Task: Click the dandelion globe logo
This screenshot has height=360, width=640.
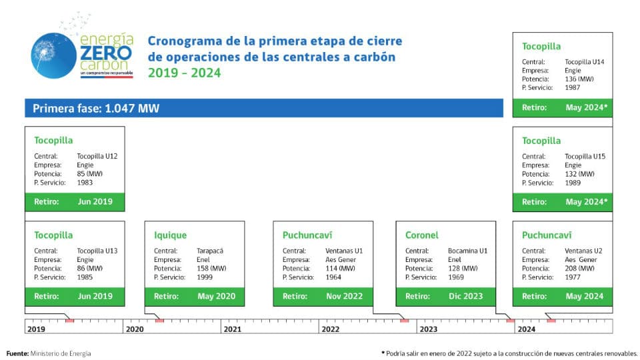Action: coord(53,55)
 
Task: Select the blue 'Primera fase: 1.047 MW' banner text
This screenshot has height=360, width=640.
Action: coord(96,108)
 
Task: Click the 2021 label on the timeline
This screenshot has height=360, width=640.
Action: coord(233,329)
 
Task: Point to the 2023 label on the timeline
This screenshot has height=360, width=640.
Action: coord(429,329)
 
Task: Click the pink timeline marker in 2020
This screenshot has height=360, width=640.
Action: coord(159,321)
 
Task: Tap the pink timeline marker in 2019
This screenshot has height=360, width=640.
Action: coord(70,321)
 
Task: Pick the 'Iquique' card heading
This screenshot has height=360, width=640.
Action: coord(170,235)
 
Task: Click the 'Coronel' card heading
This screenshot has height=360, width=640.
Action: coord(421,235)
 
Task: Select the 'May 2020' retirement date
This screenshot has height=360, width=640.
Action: coord(216,296)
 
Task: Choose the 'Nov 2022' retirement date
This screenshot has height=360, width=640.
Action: coord(344,296)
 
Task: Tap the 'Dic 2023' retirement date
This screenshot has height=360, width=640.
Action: coord(466,296)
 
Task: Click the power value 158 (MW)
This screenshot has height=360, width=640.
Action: coord(211,268)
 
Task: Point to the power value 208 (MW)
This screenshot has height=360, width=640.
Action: coord(579,268)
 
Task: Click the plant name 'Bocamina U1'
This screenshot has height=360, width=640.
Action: coord(468,251)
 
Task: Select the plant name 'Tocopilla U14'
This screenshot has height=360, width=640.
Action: coord(585,61)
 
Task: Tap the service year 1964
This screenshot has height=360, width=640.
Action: coord(333,277)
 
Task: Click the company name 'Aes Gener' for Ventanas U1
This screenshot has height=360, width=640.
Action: coord(341,259)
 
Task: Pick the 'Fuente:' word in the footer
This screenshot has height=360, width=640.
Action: coord(17,353)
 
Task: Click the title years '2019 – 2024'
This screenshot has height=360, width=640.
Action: coord(184,73)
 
